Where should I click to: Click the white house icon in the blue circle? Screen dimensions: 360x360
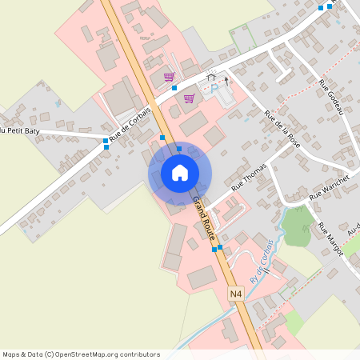(179, 172)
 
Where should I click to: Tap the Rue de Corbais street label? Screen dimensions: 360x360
(129, 125)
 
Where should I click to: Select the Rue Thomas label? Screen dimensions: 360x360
(247, 182)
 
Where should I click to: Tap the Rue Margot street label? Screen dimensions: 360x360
(330, 238)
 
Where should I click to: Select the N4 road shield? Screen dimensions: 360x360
(235, 294)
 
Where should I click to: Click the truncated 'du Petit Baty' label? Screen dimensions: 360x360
(20, 130)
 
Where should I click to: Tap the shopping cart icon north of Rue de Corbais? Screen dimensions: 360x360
(169, 77)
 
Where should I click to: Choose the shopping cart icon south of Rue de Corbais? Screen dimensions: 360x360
(189, 98)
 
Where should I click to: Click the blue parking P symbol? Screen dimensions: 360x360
(214, 88)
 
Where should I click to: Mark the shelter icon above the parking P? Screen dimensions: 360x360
(211, 77)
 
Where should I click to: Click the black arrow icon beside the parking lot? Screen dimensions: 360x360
(226, 81)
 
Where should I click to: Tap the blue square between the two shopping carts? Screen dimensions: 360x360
(174, 87)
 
